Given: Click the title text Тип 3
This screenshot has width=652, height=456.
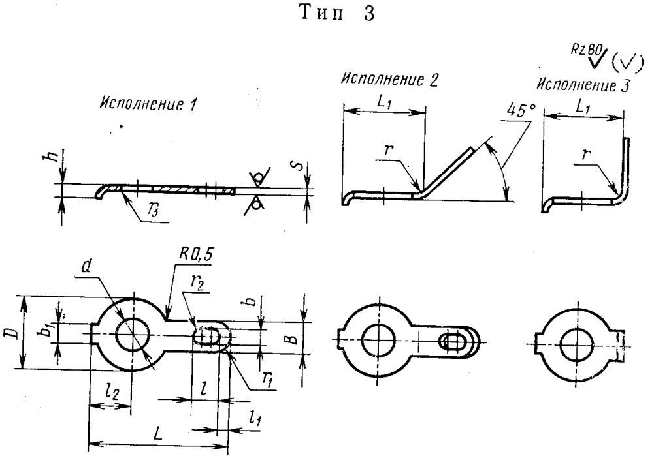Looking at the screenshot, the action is (337, 13).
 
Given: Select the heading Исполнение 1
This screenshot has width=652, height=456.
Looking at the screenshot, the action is (147, 104).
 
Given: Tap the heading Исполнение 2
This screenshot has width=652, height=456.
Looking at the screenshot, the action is (389, 79).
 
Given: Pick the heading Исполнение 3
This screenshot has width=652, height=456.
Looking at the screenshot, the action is (583, 85).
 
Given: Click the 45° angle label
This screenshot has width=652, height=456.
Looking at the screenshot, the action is (521, 110).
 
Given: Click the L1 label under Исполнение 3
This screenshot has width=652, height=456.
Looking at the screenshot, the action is (583, 108).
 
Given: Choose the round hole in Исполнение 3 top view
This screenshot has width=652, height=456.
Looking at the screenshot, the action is (576, 344).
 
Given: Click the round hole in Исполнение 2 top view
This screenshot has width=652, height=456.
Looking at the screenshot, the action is (378, 340).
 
